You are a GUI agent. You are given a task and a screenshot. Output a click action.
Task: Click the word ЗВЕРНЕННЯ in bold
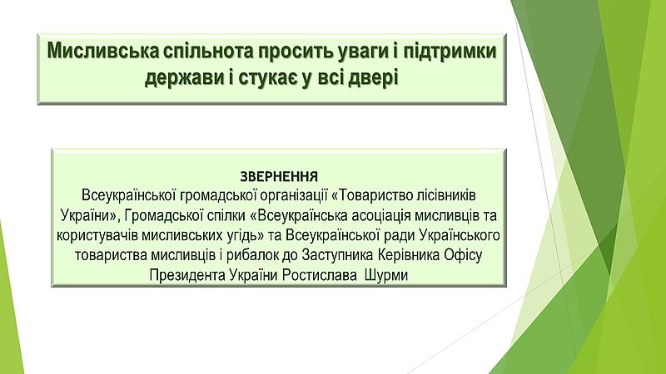pyautogui.click(x=279, y=176)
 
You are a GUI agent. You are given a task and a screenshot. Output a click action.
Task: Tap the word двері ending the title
pyautogui.click(x=373, y=79)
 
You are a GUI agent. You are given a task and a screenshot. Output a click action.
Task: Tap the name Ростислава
pyautogui.click(x=320, y=276)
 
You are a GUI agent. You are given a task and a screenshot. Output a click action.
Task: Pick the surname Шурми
pyautogui.click(x=386, y=276)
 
